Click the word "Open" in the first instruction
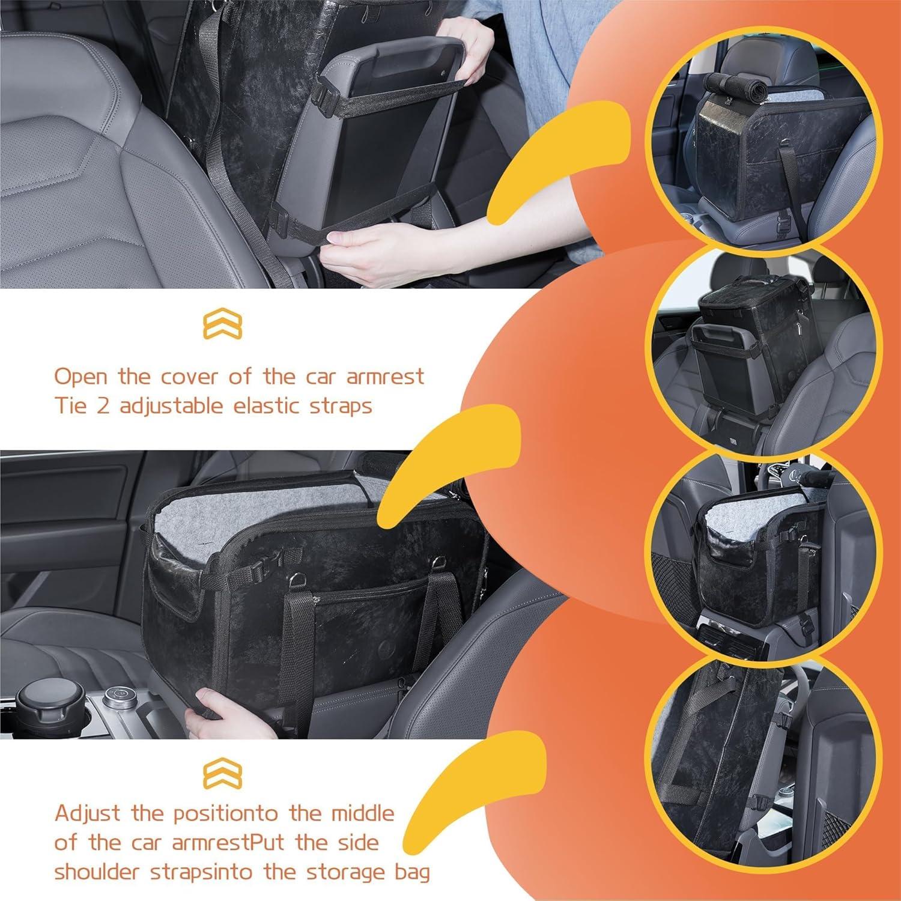coord(81,377)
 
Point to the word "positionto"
coord(225,814)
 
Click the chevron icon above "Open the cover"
coord(222,324)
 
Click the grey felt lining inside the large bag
coord(252,523)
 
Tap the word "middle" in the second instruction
coord(363,814)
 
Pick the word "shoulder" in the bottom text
coord(96,872)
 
